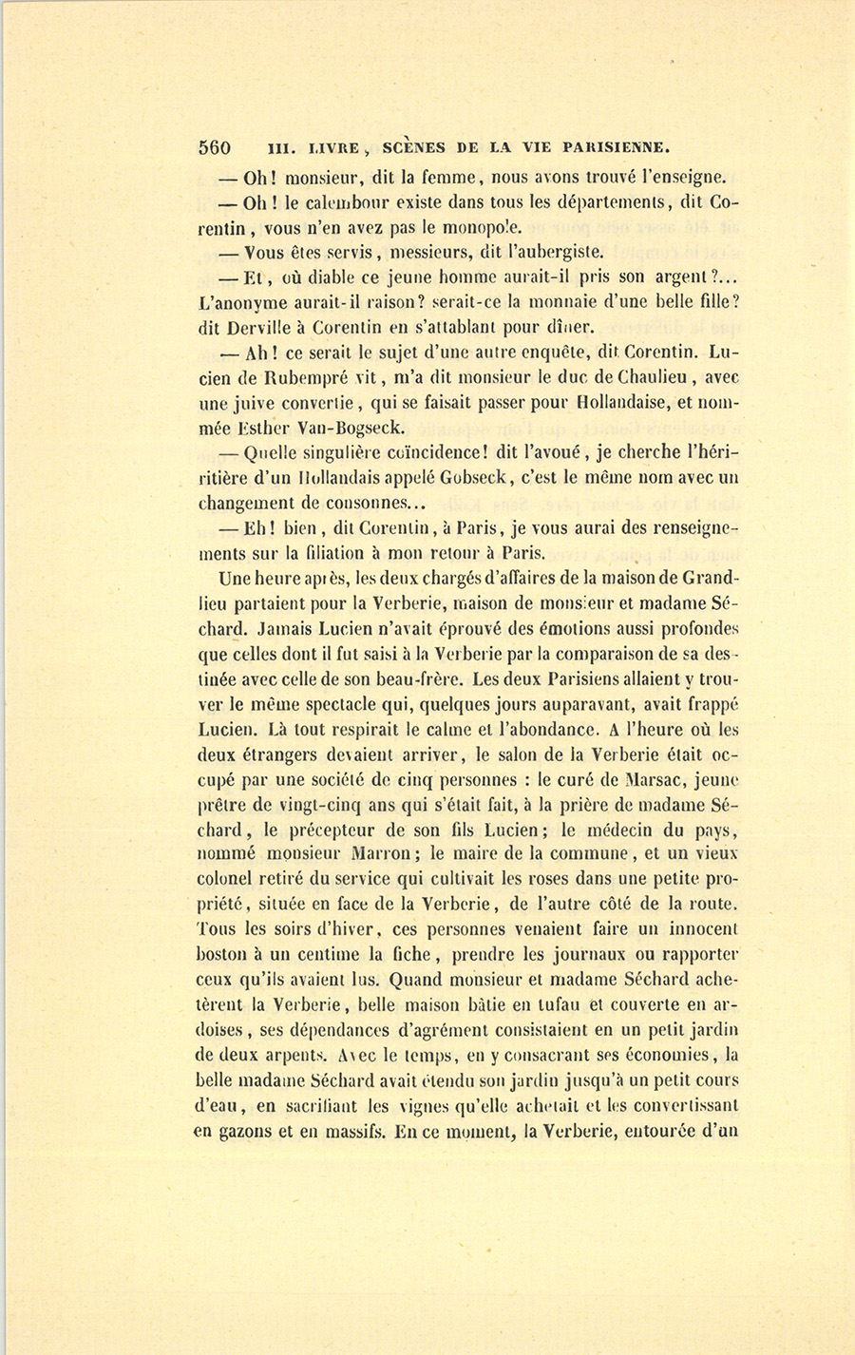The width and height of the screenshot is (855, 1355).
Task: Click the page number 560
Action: [x=215, y=147]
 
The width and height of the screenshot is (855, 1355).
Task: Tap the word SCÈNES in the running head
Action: [x=412, y=147]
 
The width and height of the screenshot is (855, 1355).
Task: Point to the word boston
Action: [x=224, y=955]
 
